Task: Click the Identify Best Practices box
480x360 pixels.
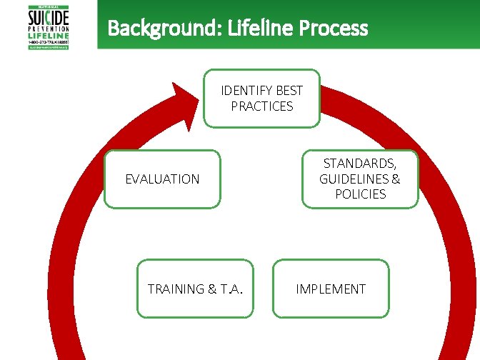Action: click(261, 99)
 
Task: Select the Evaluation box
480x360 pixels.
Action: click(163, 179)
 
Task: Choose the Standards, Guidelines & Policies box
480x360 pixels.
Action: click(359, 179)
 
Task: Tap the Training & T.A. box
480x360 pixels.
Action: click(195, 289)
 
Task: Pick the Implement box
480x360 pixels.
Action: click(331, 289)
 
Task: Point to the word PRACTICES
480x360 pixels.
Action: click(262, 106)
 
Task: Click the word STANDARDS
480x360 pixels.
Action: click(360, 164)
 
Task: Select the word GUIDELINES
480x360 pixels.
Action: click(354, 179)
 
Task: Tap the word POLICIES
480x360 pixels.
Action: click(360, 194)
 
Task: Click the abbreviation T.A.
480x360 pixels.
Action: click(230, 289)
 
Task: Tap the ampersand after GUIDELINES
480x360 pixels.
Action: click(396, 179)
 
